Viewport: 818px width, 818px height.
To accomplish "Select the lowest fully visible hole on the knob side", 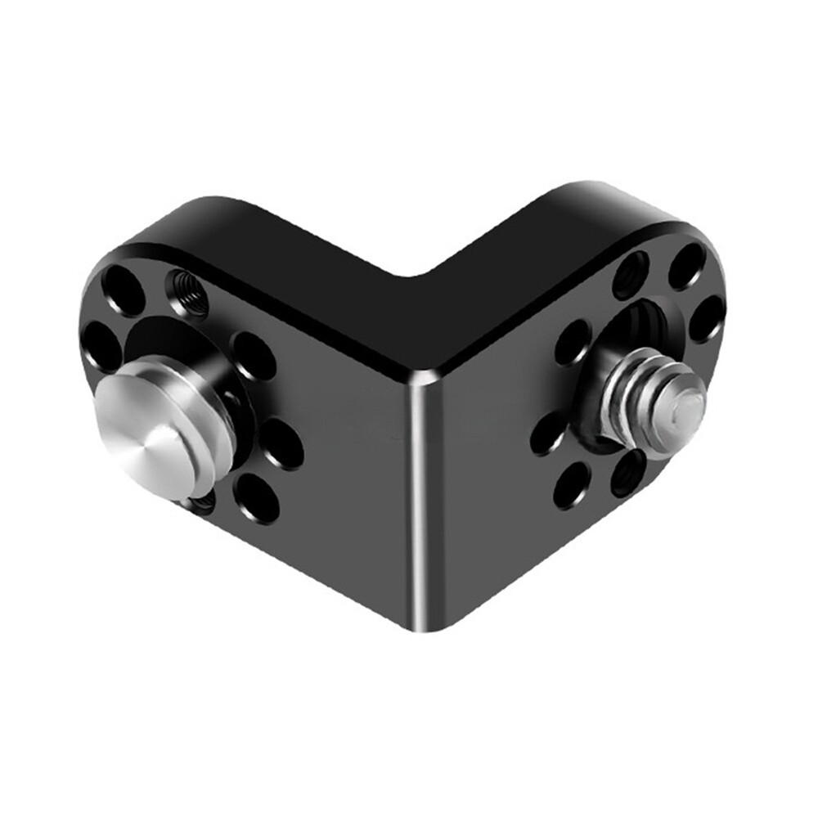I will (x=256, y=493).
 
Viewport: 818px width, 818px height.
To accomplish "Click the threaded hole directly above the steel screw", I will (x=631, y=273).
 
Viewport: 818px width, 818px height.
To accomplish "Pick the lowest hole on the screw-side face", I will (x=573, y=485).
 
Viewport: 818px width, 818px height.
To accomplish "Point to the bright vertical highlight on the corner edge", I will (x=419, y=491).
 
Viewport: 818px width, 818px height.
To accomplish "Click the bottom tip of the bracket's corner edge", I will (x=416, y=629).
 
